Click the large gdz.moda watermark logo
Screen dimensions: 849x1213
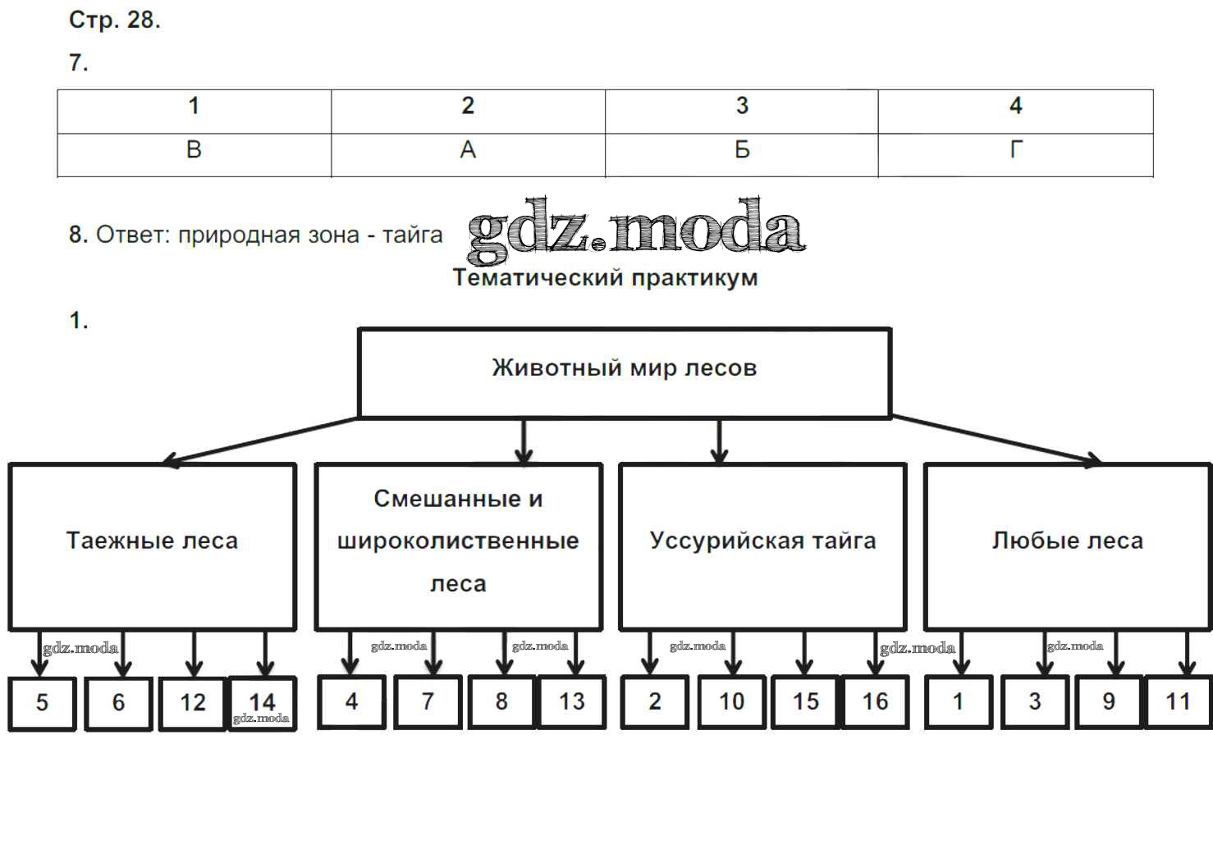click(636, 228)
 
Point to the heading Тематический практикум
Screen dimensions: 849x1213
click(605, 278)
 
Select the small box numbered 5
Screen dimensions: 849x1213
click(42, 702)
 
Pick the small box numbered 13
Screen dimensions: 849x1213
click(571, 701)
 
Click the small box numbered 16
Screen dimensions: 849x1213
click(875, 701)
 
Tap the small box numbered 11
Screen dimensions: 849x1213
click(1178, 701)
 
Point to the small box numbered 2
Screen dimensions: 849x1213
click(654, 701)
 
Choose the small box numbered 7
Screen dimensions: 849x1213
click(428, 701)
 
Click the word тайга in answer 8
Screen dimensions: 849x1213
click(413, 235)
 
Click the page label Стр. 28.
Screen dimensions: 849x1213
click(114, 21)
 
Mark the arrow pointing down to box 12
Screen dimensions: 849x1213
click(194, 654)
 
